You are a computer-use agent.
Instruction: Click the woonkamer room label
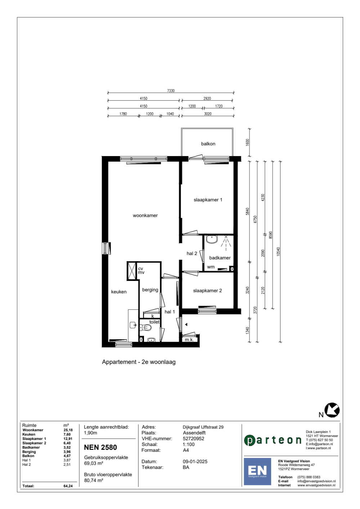pyautogui.click(x=145, y=215)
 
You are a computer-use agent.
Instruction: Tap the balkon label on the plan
pyautogui.click(x=208, y=144)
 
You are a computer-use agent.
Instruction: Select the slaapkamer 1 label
pyautogui.click(x=208, y=200)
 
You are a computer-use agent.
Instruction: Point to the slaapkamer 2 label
pyautogui.click(x=207, y=291)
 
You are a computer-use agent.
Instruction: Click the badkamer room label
pyautogui.click(x=220, y=258)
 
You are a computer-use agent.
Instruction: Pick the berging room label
pyautogui.click(x=150, y=290)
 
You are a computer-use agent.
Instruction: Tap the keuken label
pyautogui.click(x=119, y=292)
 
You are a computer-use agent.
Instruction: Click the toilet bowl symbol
pyautogui.click(x=146, y=327)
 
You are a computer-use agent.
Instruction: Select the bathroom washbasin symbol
pyautogui.click(x=212, y=239)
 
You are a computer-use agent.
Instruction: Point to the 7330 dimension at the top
pyautogui.click(x=171, y=91)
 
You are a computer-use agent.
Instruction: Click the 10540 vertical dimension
pyautogui.click(x=278, y=251)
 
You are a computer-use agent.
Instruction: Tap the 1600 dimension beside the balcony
pyautogui.click(x=247, y=142)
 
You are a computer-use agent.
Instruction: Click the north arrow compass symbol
pyautogui.click(x=332, y=410)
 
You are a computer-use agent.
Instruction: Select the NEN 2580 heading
pyautogui.click(x=100, y=447)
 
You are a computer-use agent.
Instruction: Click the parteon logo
pyautogui.click(x=273, y=440)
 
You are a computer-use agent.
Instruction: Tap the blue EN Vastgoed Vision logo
pyautogui.click(x=257, y=471)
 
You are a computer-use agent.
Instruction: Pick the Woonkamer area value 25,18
pyautogui.click(x=68, y=430)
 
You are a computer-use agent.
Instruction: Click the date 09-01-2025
pyautogui.click(x=195, y=462)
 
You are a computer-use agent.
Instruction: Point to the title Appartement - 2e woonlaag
pyautogui.click(x=139, y=362)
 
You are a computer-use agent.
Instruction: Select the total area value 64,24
pyautogui.click(x=68, y=486)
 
